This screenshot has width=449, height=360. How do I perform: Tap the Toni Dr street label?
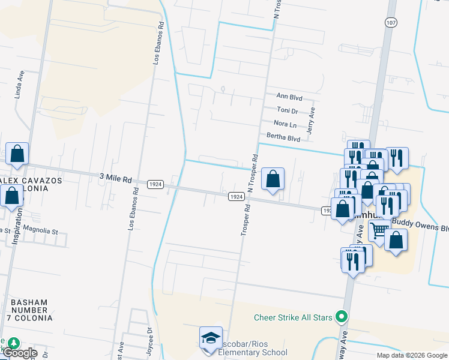[x=288, y=111]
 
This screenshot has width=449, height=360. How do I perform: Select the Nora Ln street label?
[x=285, y=125]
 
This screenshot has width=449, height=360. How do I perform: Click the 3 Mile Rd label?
[x=115, y=179]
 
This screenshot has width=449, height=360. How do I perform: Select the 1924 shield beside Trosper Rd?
[x=236, y=196]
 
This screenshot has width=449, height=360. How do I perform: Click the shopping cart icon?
[x=379, y=230]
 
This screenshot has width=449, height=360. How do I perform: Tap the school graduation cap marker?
[x=211, y=337]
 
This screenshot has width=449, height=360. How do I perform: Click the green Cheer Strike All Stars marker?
[x=342, y=316]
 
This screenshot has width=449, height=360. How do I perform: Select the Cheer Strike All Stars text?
[x=294, y=317]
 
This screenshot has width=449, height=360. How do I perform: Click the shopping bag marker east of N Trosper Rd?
[x=273, y=179]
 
